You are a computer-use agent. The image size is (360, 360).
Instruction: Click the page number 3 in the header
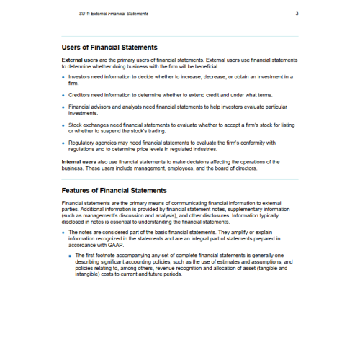(297, 14)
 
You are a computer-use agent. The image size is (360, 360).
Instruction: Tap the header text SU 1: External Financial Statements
(119, 14)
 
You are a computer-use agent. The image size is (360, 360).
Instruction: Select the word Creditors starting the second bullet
(81, 93)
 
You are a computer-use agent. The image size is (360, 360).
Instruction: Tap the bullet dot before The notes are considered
(63, 233)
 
